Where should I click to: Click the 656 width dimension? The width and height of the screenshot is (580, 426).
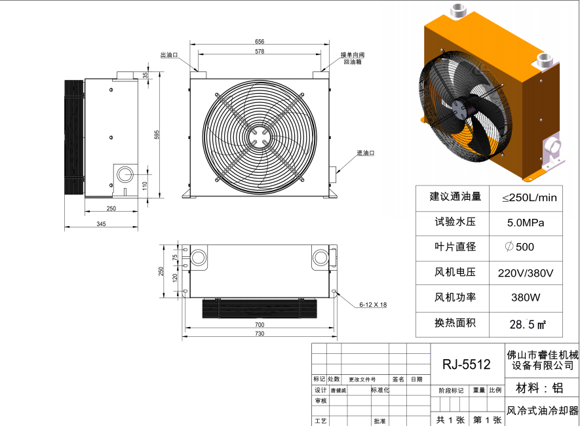(260, 42)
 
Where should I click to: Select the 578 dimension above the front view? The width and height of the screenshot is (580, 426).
(260, 51)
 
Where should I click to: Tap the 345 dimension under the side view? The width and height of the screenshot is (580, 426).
(101, 224)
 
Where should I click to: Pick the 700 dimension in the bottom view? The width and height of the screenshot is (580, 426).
(260, 324)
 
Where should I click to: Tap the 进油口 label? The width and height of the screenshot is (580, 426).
(365, 153)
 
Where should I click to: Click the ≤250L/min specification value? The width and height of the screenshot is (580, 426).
(529, 197)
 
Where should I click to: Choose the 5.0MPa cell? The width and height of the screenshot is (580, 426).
(526, 222)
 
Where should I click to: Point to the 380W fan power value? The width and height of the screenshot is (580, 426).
(526, 298)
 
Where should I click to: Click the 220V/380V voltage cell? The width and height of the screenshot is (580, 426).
(526, 273)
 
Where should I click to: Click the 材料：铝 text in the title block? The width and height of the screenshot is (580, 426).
(539, 387)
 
